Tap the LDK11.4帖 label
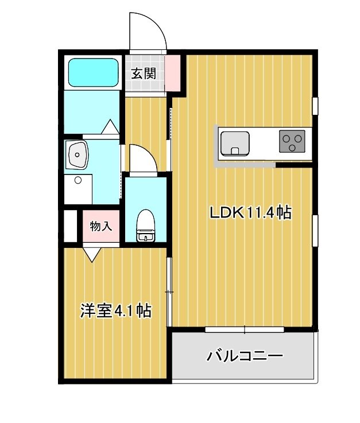tap(250, 214)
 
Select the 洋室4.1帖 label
tap(115, 311)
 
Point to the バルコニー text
tap(245, 356)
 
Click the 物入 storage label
tap(100, 226)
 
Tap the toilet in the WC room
tap(145, 226)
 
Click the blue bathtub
tap(93, 72)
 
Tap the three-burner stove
tap(292, 142)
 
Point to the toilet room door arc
tap(142, 158)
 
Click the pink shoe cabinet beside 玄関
tap(172, 72)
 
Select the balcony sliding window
tap(245, 329)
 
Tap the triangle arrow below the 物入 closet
tap(92, 253)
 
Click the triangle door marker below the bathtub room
tap(110, 127)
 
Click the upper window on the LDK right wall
tap(315, 106)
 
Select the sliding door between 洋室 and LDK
tap(169, 292)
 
